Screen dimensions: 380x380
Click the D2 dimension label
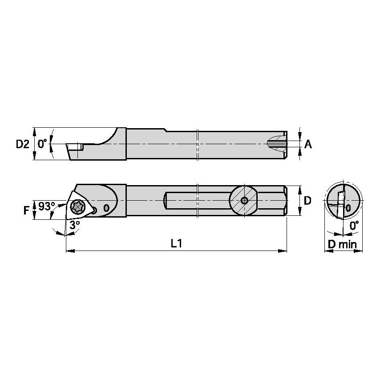coord(23,144)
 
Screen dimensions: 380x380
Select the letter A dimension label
coord(308,145)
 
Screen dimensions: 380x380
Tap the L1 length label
coord(176,243)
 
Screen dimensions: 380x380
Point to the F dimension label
coord(26,210)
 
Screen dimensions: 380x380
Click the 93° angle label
coord(47,207)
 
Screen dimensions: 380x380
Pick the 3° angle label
coord(75,226)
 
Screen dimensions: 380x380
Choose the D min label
coord(343,245)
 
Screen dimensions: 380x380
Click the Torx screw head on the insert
coord(77,207)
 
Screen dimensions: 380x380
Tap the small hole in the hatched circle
coord(244,200)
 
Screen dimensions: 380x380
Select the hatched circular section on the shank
coord(243,200)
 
